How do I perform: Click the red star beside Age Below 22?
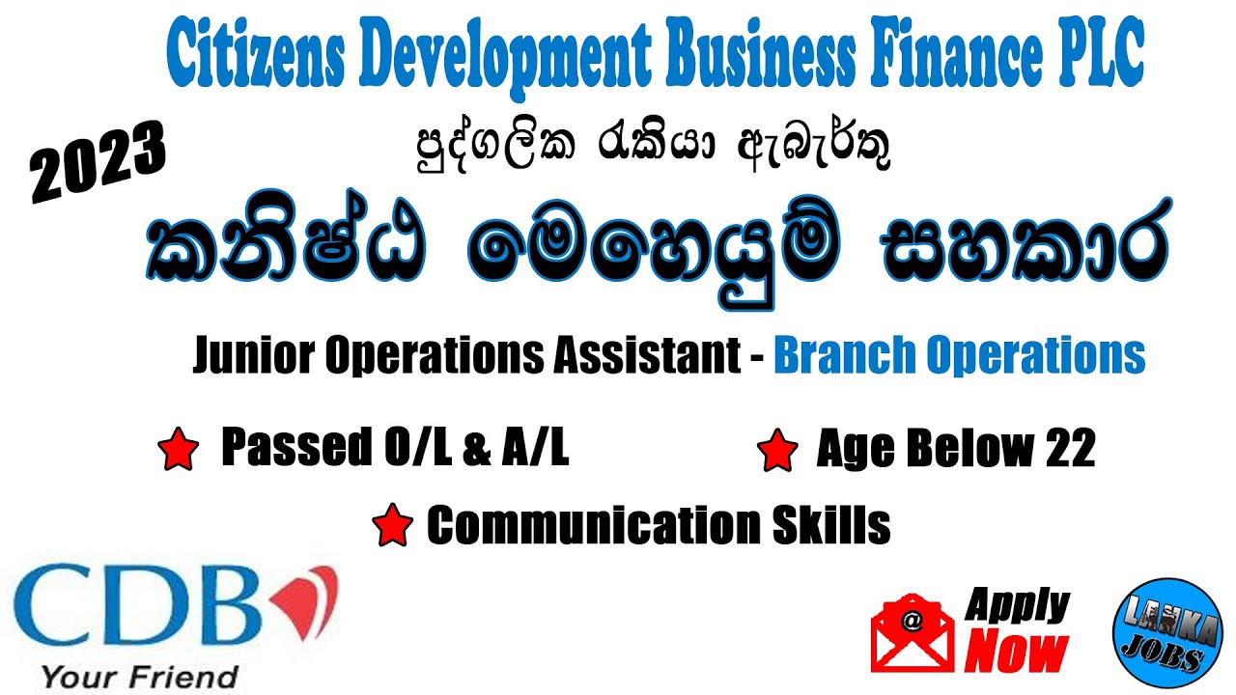pos(778,452)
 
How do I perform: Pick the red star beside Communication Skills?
pos(392,526)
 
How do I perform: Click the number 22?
pos(1069,450)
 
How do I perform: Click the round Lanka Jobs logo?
pos(1159,634)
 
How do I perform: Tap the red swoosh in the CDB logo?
pos(306,598)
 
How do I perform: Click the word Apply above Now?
pos(1016,606)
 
